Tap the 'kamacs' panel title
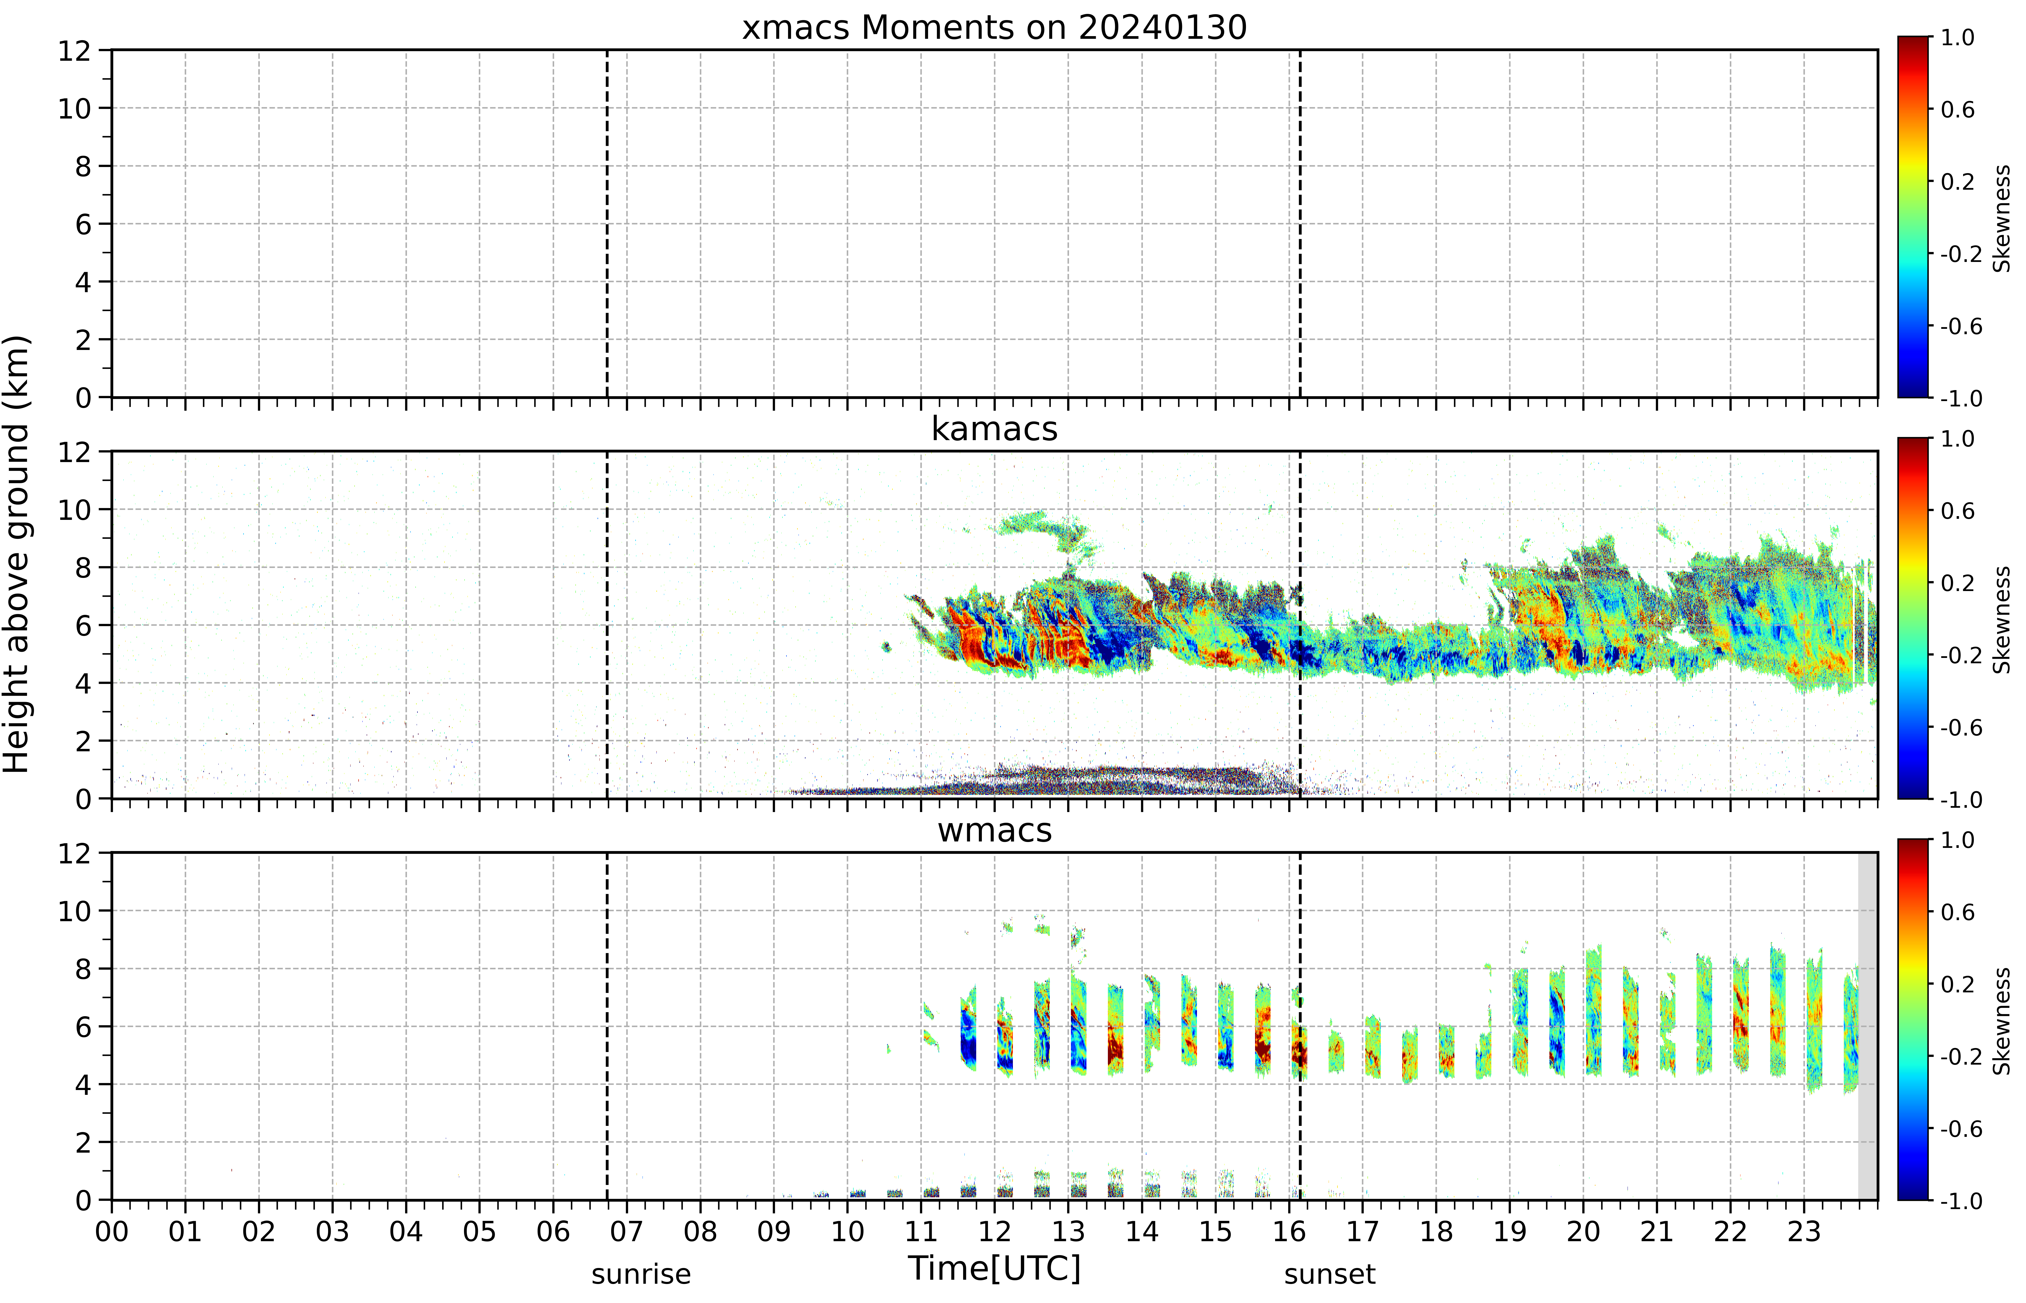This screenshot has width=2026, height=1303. (x=994, y=429)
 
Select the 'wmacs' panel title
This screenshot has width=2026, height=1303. (x=994, y=830)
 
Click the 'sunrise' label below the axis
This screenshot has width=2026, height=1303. (x=641, y=1274)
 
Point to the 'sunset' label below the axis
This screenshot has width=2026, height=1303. (x=1329, y=1274)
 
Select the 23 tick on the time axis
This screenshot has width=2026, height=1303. (x=1803, y=1231)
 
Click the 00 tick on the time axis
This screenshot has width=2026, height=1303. (x=112, y=1231)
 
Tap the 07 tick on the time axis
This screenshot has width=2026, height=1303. (x=626, y=1231)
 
